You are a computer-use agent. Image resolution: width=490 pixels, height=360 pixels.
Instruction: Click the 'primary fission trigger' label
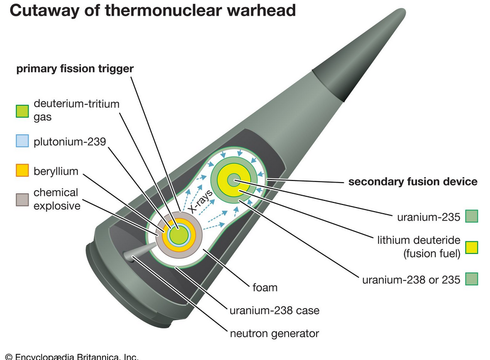75,69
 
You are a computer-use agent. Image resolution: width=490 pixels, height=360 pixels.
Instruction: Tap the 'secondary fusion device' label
413,182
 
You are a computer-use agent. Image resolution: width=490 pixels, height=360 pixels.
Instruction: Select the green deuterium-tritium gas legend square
22,111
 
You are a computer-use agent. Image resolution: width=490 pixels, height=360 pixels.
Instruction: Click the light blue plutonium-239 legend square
22,141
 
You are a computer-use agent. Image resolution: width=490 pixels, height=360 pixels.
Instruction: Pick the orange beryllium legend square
22,170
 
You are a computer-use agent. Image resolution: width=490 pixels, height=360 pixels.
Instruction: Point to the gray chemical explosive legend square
22,200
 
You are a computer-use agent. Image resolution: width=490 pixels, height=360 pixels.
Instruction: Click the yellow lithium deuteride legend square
472,247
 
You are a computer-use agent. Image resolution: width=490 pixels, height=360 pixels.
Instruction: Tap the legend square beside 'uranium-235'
472,216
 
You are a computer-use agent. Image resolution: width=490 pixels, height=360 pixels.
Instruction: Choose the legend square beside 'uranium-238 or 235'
472,279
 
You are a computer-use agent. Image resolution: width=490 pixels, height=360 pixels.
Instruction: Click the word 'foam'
265,288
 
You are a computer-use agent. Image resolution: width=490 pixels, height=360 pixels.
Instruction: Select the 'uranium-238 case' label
274,311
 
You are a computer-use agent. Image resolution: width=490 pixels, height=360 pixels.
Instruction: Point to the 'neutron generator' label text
274,334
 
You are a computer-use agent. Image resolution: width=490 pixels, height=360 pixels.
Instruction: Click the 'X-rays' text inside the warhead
201,201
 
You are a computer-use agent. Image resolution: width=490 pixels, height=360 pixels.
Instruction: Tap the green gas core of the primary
178,235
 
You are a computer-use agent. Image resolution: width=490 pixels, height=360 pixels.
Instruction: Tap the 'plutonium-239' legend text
70,142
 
